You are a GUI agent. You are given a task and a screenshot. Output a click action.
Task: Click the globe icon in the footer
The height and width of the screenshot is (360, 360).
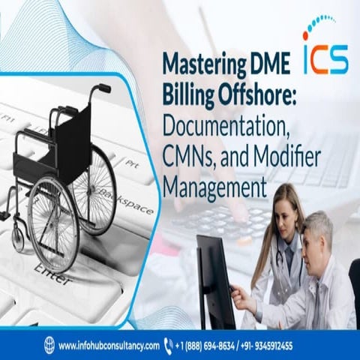tap(49, 346)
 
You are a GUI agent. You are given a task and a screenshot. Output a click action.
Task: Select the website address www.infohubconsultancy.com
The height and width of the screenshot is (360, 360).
tap(109, 346)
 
